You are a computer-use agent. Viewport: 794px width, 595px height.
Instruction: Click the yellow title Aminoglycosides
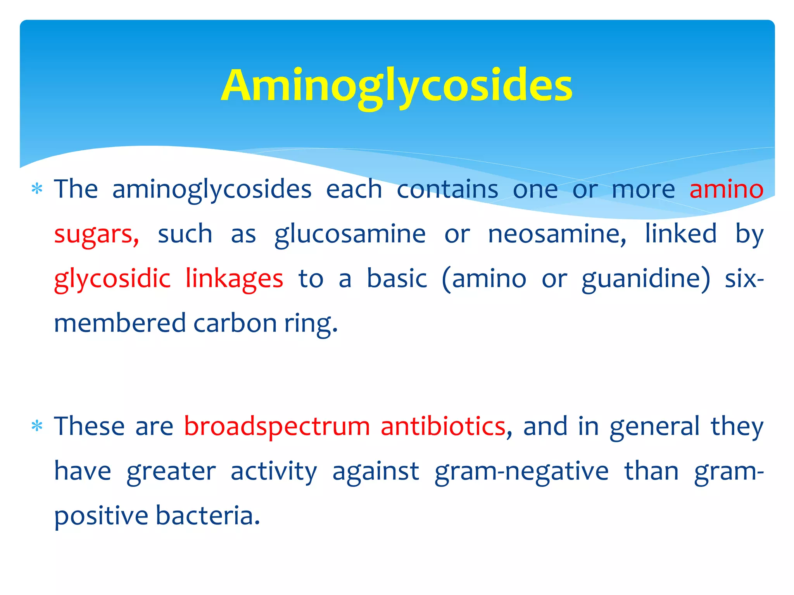(x=397, y=86)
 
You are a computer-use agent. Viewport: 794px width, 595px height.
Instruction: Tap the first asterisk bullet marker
(x=37, y=189)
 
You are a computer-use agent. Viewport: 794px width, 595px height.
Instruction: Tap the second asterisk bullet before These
(x=37, y=426)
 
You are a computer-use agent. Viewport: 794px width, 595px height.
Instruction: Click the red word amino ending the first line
(x=726, y=189)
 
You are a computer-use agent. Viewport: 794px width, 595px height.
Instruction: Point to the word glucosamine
(x=350, y=234)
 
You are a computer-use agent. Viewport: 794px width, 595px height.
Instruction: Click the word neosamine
(x=556, y=234)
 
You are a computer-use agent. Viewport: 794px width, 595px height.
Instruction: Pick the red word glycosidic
(x=112, y=279)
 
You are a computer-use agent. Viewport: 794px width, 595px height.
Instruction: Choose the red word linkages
(x=234, y=279)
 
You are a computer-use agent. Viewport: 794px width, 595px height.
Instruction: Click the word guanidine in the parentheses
(x=646, y=279)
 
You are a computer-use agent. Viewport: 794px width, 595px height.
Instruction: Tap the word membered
(x=120, y=323)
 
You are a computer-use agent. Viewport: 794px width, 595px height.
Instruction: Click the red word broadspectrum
(x=277, y=426)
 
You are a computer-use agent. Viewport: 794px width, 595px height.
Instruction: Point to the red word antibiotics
(x=443, y=426)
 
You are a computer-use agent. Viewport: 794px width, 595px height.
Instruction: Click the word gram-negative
(x=521, y=471)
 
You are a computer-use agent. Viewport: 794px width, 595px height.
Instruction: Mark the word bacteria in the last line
(x=207, y=516)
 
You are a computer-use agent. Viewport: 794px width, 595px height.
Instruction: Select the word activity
(x=274, y=471)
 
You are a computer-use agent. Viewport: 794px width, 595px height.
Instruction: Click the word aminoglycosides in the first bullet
(x=212, y=189)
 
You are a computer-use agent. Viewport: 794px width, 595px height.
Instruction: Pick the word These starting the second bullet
(x=89, y=426)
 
